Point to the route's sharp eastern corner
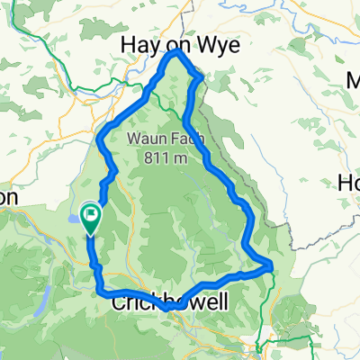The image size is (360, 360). pos(270,265)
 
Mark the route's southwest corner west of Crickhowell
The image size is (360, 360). pos(98,287)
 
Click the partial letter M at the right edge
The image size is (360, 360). pos(354,82)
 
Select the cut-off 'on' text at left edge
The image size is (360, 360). pos(9,196)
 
